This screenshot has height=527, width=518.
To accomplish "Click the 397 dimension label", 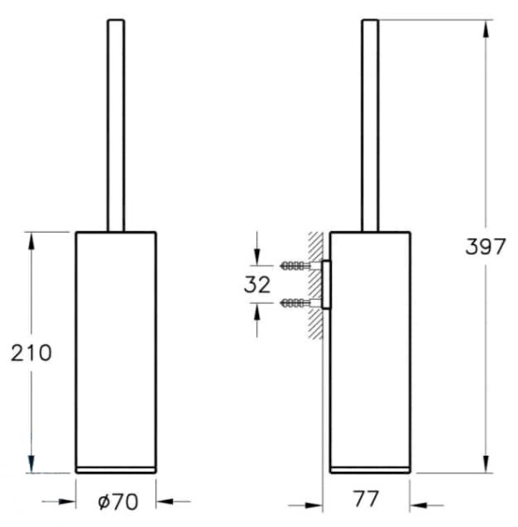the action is (x=486, y=246).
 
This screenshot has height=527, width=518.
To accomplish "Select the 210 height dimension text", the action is (x=32, y=353).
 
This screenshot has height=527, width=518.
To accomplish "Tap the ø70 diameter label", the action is (x=118, y=502).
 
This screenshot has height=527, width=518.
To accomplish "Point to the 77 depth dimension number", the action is (x=365, y=499).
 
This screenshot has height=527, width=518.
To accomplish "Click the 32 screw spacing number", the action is (x=257, y=285).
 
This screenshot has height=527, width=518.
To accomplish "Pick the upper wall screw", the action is (x=296, y=266).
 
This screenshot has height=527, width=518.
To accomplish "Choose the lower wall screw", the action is (x=296, y=304).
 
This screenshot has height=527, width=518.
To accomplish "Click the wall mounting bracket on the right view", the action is (x=327, y=285).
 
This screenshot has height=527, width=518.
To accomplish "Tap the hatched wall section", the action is (x=315, y=285).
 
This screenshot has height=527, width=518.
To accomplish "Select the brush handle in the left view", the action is (x=116, y=126).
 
